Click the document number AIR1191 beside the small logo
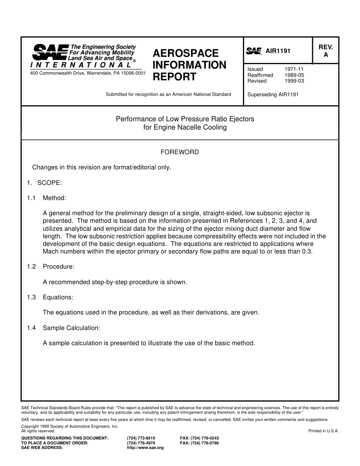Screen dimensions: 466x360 tap(278, 51)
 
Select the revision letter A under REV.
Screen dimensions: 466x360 tap(326, 55)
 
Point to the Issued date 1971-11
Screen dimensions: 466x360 tap(294, 69)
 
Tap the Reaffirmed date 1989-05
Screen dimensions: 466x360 tap(294, 75)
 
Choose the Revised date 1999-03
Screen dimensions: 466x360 tap(294, 81)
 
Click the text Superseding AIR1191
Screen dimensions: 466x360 tap(273, 94)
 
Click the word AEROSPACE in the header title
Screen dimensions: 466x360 tap(186, 53)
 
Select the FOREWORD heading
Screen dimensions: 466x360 tap(180, 152)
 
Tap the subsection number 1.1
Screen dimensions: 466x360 tap(31, 198)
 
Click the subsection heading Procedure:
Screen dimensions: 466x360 tap(58, 266)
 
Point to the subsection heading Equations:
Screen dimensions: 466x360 tap(58, 297)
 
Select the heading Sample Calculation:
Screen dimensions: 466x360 tap(71, 328)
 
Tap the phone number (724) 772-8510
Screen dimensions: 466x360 tap(141, 438)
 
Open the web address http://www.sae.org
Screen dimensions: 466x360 tap(145, 447)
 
